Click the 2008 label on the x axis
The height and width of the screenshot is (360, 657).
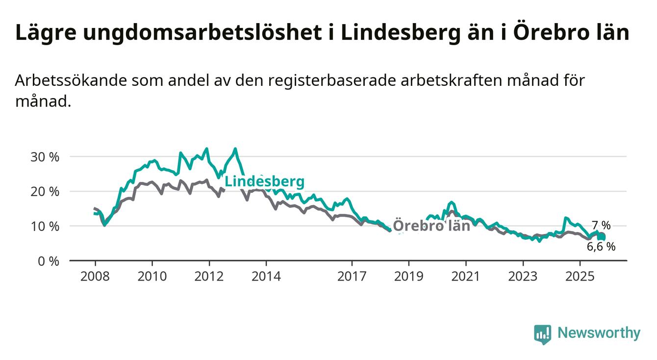(95, 276)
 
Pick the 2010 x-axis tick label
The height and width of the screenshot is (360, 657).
(152, 276)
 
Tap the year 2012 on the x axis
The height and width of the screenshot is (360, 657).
(209, 276)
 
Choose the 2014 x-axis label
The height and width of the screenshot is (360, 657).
(266, 276)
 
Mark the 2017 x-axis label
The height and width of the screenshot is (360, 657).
(352, 276)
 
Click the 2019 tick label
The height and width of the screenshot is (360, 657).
(409, 276)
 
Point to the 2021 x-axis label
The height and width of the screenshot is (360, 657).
(466, 276)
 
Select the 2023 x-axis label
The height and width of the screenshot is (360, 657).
(523, 276)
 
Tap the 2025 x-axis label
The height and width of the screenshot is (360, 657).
(580, 276)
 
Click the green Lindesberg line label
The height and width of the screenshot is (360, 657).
(264, 182)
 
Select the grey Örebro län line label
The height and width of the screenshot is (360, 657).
(431, 226)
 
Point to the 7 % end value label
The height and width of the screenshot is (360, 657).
(601, 226)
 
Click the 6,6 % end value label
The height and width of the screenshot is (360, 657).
(601, 247)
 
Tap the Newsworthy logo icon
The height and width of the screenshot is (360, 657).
(542, 334)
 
